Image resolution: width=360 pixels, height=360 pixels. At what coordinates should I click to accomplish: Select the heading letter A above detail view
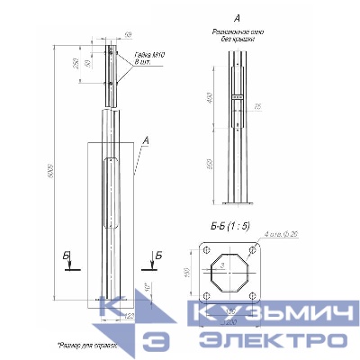(235, 17)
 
